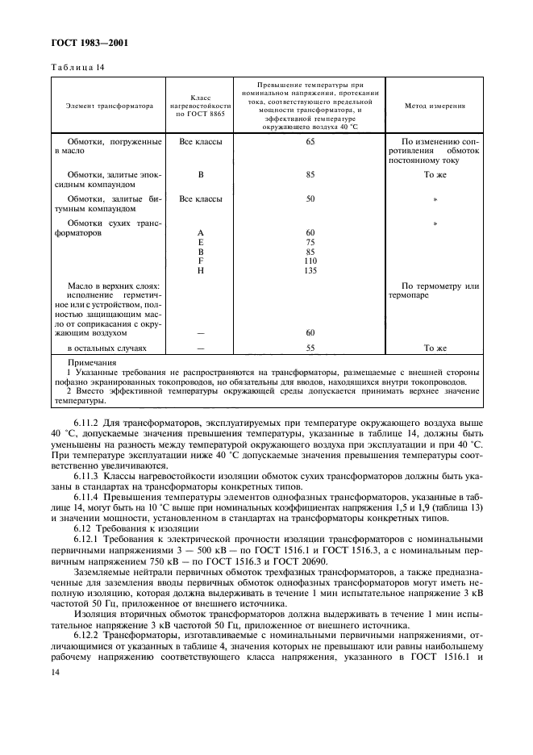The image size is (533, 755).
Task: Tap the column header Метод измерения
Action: tap(435, 106)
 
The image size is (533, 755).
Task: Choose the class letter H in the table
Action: tap(200, 271)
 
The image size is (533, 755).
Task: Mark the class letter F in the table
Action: tap(200, 261)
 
